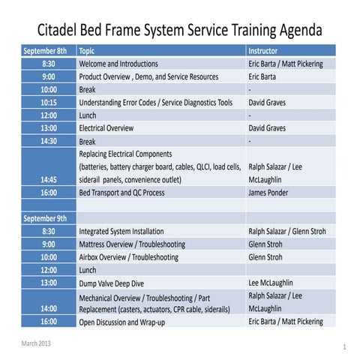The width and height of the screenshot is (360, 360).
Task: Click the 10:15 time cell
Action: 48,102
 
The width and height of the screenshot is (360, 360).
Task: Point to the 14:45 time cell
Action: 48,180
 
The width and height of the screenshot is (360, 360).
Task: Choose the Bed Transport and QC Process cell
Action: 131,193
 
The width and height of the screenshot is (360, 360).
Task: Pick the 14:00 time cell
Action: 48,308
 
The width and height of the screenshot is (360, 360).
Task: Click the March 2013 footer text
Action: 37,343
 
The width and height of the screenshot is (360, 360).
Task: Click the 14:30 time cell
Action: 48,141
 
